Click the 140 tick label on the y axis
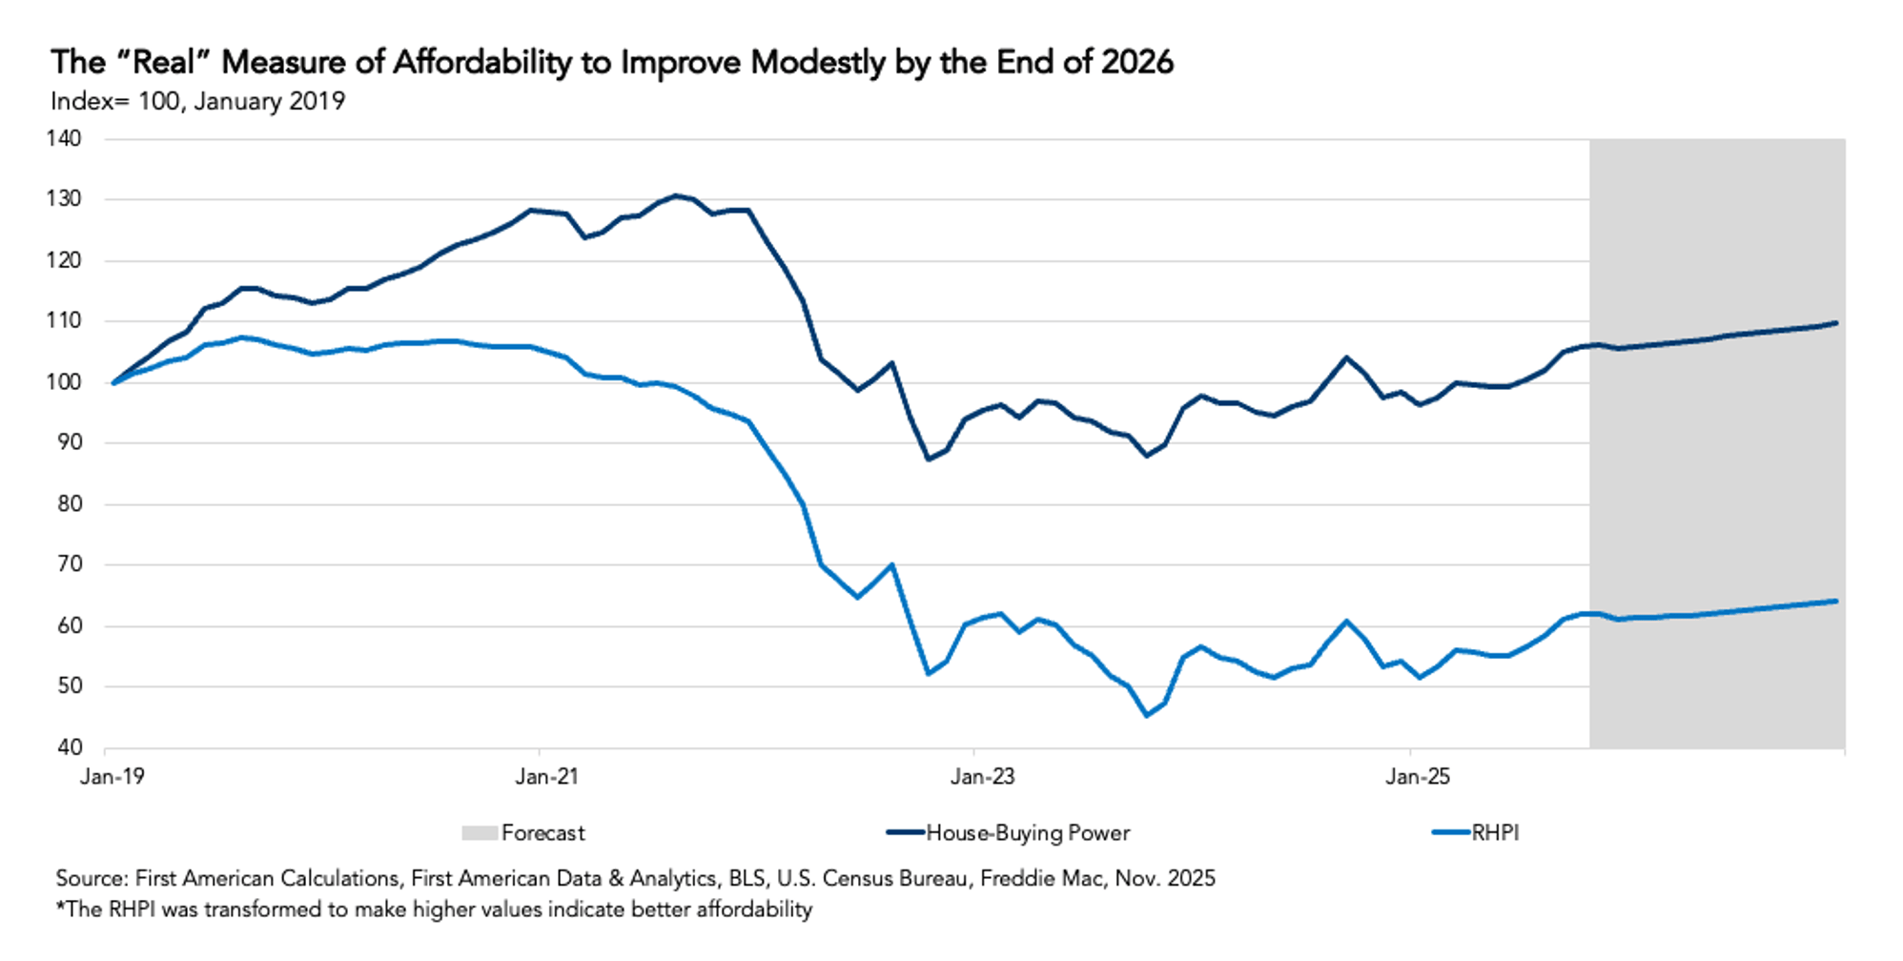click(64, 139)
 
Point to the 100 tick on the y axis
click(64, 382)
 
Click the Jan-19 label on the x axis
click(113, 777)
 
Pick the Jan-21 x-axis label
click(546, 777)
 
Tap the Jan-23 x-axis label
click(982, 777)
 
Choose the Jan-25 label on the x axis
click(1418, 777)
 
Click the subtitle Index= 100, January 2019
click(197, 102)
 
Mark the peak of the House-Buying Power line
click(676, 195)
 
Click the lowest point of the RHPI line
click(1146, 715)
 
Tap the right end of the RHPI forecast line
click(1836, 601)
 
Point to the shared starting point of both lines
click(113, 382)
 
